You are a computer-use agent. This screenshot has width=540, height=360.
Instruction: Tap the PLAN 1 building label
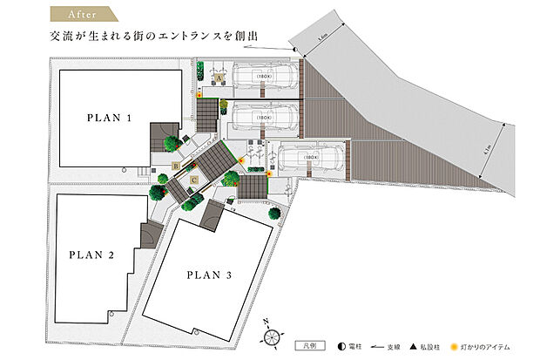[109, 117]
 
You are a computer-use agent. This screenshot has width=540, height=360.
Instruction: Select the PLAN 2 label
[91, 255]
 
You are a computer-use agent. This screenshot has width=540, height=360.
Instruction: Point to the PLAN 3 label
[208, 275]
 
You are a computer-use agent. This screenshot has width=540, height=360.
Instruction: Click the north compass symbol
[272, 336]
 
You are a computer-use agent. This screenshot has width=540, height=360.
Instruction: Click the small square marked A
[219, 78]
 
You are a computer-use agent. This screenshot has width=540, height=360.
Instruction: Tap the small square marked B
[176, 165]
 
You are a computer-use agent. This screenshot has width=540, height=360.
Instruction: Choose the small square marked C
[193, 180]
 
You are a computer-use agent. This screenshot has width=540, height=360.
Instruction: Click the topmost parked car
[266, 76]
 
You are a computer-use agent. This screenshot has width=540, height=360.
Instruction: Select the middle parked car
[267, 113]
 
